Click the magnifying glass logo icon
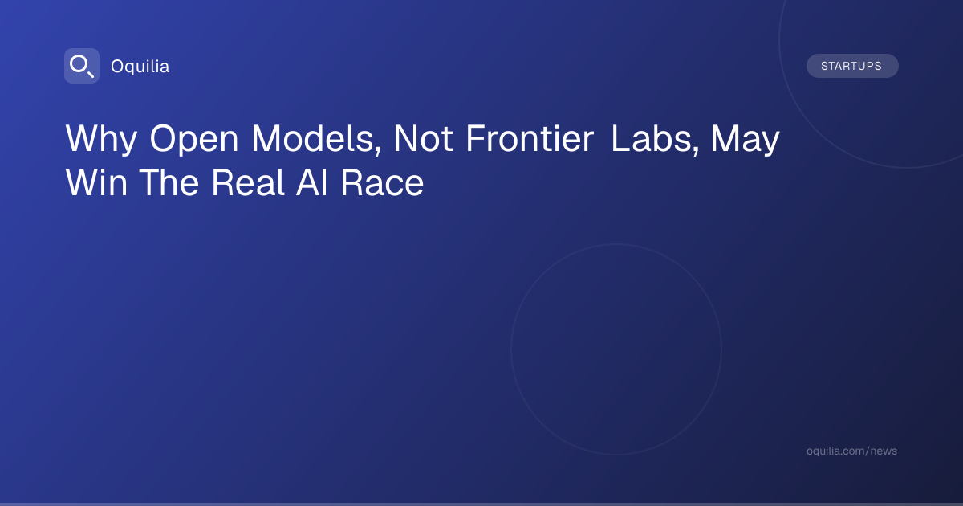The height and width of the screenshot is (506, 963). tap(82, 66)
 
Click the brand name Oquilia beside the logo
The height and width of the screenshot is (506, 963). tap(140, 67)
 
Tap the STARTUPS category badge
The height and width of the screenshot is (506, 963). tap(852, 66)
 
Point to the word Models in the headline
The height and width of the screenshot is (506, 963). tap(312, 138)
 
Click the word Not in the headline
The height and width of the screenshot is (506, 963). tap(423, 138)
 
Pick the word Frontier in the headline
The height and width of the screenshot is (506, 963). tap(530, 138)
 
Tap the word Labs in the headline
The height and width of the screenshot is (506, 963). tap(651, 138)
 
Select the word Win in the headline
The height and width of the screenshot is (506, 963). tap(96, 183)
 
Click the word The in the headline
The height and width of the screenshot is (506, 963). tap(169, 183)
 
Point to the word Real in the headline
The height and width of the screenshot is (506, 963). tap(248, 183)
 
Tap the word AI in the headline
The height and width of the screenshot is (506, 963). tap(312, 183)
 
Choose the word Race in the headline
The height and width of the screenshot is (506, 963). tap(382, 183)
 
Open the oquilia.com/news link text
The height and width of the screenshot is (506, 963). tap(851, 451)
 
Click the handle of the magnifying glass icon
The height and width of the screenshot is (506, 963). tap(91, 75)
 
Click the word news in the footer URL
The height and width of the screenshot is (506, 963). tap(884, 451)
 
